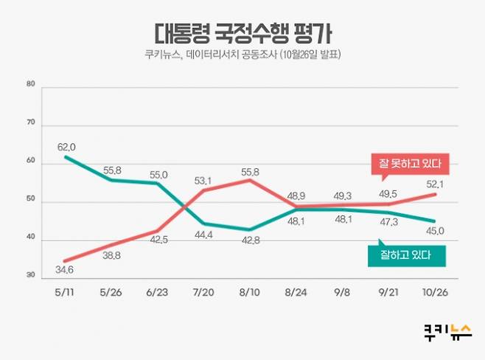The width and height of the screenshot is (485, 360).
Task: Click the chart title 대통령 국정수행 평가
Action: (x=242, y=33)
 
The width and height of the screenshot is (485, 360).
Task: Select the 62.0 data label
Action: (x=67, y=146)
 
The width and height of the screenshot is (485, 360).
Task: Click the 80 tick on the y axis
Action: (x=31, y=84)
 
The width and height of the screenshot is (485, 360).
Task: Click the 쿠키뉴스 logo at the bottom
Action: (x=447, y=331)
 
